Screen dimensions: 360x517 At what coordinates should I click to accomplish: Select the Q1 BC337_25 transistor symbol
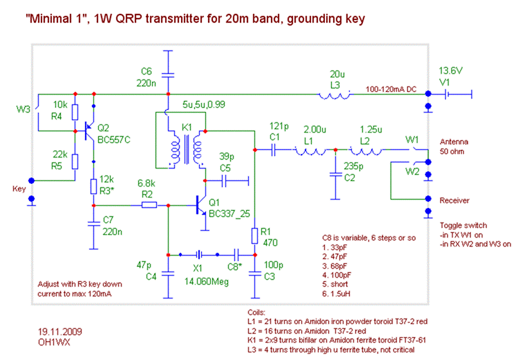pos(200,205)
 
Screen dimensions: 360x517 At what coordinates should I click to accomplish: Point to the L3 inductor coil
pos(335,94)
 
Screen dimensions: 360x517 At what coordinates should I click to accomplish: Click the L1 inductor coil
pos(310,149)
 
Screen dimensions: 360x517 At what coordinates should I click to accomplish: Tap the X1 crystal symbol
pos(198,254)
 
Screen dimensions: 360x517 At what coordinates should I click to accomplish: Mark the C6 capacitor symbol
pos(167,74)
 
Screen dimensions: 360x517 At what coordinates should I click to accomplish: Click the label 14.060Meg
pos(208,281)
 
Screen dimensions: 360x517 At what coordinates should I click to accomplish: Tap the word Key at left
pos(20,187)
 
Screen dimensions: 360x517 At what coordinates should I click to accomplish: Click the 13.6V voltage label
pos(451,71)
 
